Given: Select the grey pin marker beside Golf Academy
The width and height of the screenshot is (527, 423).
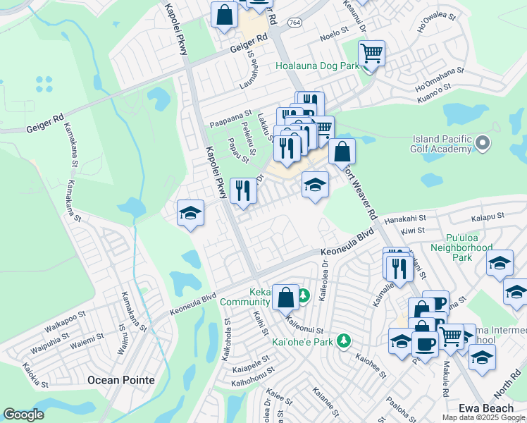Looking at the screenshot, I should [x=483, y=144].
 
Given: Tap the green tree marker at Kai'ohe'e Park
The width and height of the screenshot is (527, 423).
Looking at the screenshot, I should [x=343, y=341].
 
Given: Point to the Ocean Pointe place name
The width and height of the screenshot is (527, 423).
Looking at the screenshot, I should [x=120, y=380].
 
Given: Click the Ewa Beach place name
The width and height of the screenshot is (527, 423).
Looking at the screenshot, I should [x=483, y=408].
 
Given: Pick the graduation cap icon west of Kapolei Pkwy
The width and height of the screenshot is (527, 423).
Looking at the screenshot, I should [x=190, y=212].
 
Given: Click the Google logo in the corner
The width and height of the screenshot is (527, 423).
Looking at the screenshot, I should [x=23, y=415].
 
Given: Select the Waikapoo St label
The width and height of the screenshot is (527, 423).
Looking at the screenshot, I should [x=65, y=315].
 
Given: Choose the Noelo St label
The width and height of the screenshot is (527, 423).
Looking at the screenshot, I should [x=334, y=33].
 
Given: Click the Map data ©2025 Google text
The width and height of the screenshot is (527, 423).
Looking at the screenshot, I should [x=483, y=417].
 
